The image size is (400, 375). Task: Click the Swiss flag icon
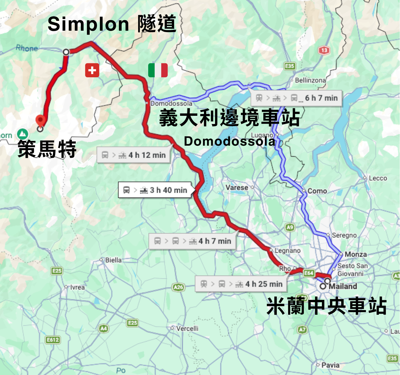tap(92, 70)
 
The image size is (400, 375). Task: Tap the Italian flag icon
tap(158, 70)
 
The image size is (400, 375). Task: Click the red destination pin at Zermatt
tap(41, 121)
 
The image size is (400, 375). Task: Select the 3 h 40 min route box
tap(155, 190)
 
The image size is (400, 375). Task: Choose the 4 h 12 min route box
tap(134, 155)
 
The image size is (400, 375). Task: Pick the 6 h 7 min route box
tap(297, 98)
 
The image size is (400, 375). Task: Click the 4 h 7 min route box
tap(193, 241)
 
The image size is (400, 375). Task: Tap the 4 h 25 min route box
tap(241, 284)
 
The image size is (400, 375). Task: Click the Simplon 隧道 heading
tap(112, 24)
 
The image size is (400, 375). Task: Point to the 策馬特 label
tap(47, 149)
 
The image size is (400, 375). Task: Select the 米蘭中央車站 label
tap(326, 306)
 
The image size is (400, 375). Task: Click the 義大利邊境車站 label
tap(229, 118)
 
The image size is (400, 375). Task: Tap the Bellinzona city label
tap(310, 80)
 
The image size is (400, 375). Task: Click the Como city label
tap(317, 191)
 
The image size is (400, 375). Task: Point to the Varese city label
tap(237, 187)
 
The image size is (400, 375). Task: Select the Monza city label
tap(356, 254)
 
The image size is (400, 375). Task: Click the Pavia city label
tap(330, 365)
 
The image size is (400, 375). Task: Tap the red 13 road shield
tap(324, 51)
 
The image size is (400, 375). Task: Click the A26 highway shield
tap(178, 287)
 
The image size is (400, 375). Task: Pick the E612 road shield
tap(53, 340)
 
